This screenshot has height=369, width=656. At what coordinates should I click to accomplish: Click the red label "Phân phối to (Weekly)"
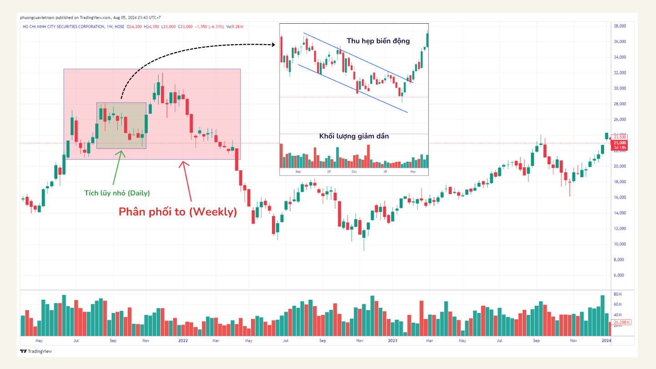(x=178, y=212)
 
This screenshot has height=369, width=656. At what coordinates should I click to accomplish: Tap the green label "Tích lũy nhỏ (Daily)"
(x=117, y=193)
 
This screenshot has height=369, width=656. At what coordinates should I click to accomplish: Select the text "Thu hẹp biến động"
(x=378, y=41)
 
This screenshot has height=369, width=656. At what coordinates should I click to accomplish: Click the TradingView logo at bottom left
(x=36, y=351)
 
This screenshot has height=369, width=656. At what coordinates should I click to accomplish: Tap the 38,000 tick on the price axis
(x=622, y=26)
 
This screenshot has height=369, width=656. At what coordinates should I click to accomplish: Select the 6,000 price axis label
(x=620, y=275)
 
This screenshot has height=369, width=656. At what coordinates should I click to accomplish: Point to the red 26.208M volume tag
(x=622, y=322)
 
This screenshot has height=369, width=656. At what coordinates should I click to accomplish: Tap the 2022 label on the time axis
(x=183, y=340)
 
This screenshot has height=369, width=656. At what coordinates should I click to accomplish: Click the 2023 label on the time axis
(x=393, y=340)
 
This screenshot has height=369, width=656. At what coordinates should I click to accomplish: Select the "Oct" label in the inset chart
(x=354, y=172)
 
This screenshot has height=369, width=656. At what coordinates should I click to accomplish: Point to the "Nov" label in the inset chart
(x=413, y=172)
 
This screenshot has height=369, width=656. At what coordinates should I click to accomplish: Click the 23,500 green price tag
(x=620, y=137)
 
